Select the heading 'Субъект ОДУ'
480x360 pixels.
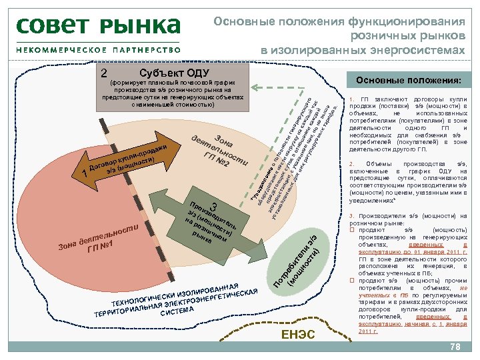175,73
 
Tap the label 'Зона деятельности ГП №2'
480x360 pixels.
220,149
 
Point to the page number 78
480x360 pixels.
455,347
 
